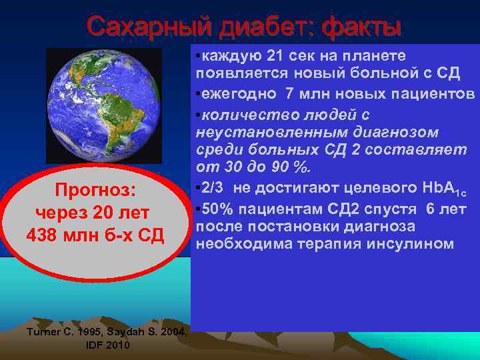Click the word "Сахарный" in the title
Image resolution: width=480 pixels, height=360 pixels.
(x=139, y=27)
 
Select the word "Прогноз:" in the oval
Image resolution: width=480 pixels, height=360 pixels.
(x=95, y=191)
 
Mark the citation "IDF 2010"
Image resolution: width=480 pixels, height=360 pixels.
(x=108, y=345)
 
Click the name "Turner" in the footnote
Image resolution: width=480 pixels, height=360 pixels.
(x=41, y=332)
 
